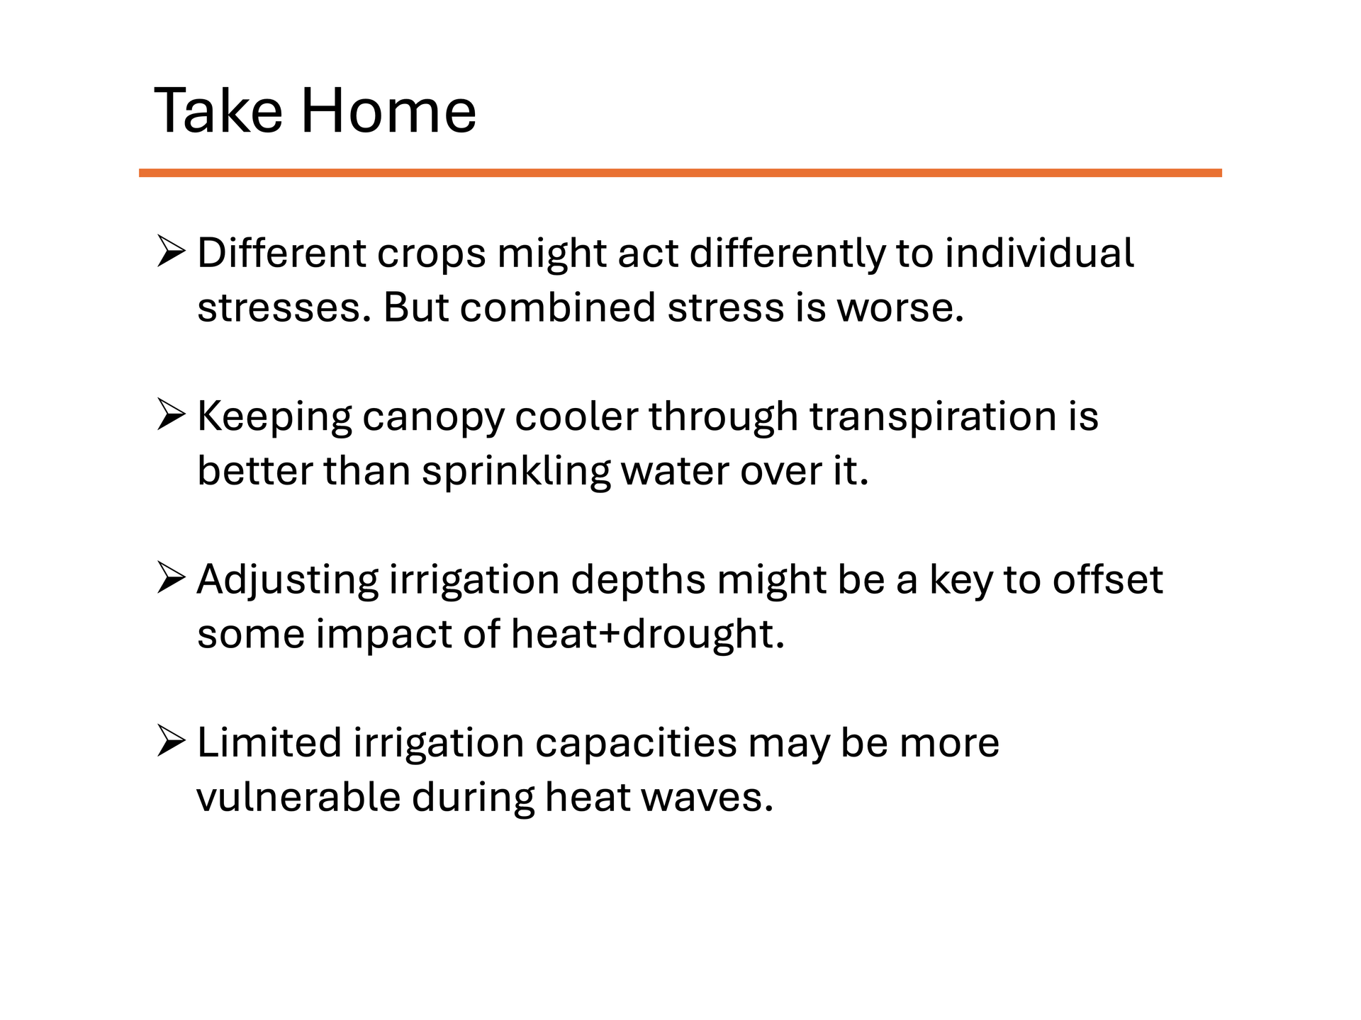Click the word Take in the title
pos(218,110)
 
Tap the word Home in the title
pos(388,110)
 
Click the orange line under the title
pos(680,173)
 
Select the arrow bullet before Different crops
pos(171,253)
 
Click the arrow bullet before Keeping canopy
pos(171,416)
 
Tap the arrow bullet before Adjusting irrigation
pos(171,579)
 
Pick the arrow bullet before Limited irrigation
pos(171,742)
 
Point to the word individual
pos(1039,253)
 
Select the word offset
pos(1107,579)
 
